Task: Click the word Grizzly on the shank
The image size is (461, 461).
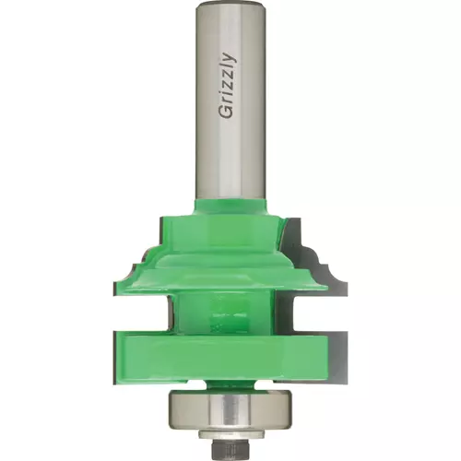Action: click(x=228, y=86)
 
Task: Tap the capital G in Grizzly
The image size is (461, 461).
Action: click(x=226, y=112)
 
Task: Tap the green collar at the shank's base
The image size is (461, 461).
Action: click(x=230, y=207)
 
